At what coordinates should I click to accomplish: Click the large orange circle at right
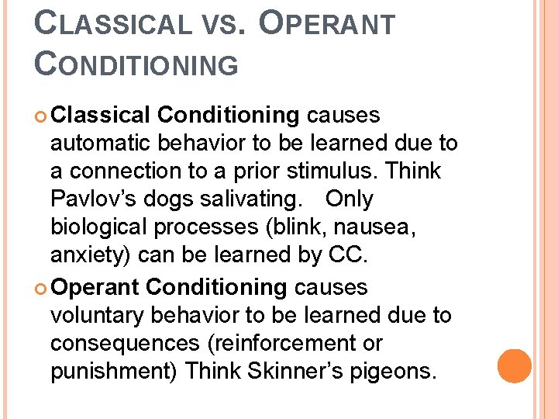pyautogui.click(x=515, y=366)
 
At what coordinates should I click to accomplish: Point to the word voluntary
pyautogui.click(x=102, y=315)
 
